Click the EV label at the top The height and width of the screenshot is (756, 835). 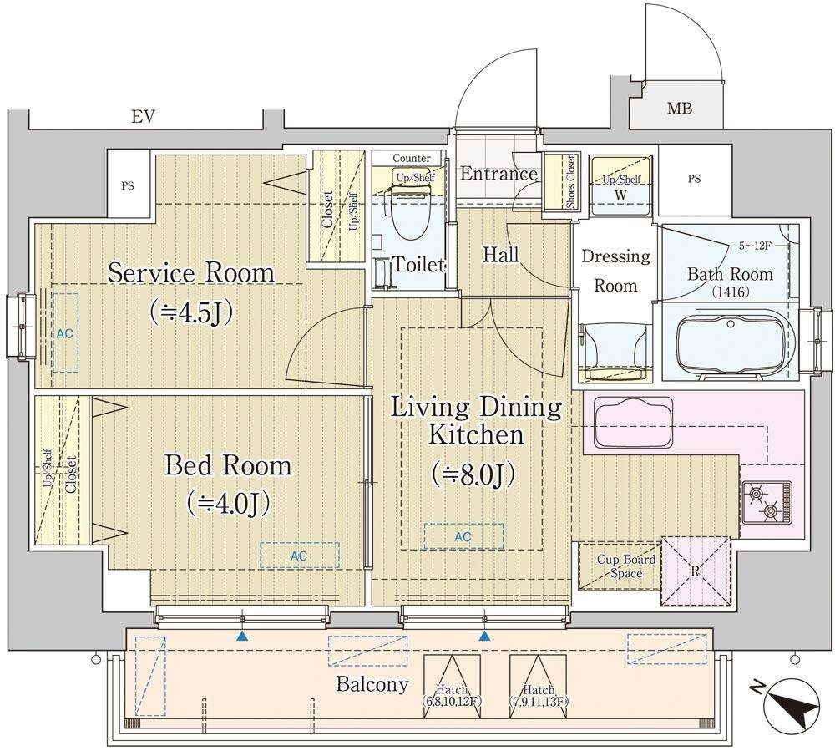(x=144, y=117)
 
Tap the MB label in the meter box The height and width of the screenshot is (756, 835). (x=680, y=109)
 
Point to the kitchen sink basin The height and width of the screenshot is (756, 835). (x=633, y=421)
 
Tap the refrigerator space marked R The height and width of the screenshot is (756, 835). (x=696, y=571)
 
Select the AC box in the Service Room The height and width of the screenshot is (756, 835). (x=65, y=333)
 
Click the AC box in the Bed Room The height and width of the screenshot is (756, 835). (x=299, y=556)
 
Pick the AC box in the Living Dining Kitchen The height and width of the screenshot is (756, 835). (x=463, y=536)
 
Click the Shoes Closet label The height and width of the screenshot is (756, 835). (x=571, y=181)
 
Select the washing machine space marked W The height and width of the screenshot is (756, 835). (x=621, y=185)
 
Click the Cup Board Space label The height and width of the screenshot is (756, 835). (x=626, y=566)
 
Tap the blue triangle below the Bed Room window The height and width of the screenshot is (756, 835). (x=242, y=635)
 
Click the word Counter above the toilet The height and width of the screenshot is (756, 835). (x=412, y=158)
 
